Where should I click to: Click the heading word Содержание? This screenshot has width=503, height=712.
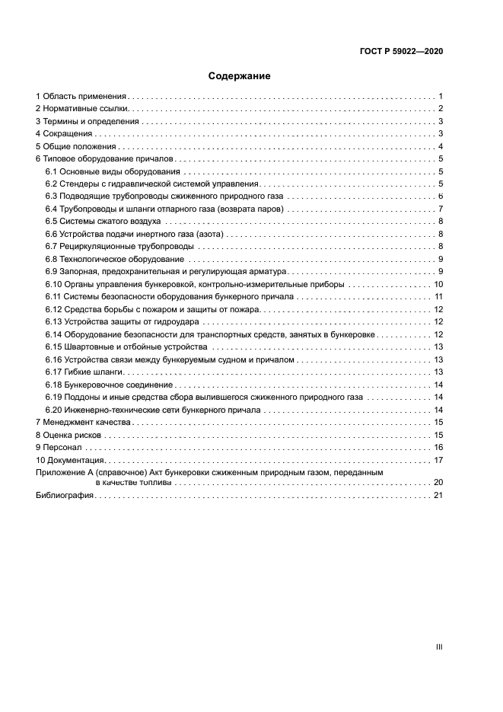(x=240, y=76)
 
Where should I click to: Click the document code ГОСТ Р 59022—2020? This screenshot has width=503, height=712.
(x=401, y=52)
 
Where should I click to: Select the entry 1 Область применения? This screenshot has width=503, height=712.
(x=81, y=97)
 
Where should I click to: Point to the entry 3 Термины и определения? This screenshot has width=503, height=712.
(x=88, y=122)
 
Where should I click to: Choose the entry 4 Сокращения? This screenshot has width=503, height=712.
(x=64, y=134)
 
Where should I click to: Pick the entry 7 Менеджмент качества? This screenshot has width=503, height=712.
(x=83, y=422)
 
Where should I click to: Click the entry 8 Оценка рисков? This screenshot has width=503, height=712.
(x=68, y=435)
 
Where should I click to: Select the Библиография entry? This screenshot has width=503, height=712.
(x=65, y=496)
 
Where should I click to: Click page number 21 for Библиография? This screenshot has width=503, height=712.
(x=438, y=496)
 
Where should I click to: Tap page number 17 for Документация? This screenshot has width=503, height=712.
(x=438, y=460)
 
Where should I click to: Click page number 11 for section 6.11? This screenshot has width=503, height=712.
(x=439, y=295)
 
